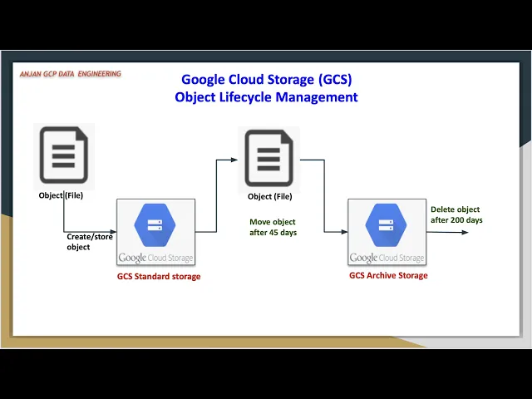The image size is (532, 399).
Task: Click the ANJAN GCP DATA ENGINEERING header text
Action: pos(71,74)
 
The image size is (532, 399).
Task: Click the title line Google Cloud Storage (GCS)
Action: pos(266,80)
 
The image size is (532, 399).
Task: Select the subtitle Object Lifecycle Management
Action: pos(266,96)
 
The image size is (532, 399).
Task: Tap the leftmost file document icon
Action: pos(63,155)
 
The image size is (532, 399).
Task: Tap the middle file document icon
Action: pos(268,159)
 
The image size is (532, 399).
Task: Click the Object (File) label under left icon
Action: pos(61,196)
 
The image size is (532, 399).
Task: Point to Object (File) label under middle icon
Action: pos(270,197)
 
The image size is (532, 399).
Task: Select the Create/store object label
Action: pos(90,242)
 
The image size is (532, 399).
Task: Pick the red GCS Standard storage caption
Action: pos(159,277)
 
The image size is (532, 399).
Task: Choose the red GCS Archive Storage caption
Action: pos(388,276)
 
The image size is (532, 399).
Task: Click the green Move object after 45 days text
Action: pos(273,228)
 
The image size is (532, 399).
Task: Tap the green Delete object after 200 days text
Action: pos(456,214)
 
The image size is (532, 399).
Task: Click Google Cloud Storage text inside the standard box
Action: pos(155,258)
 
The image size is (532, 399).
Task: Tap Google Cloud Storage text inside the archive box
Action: pos(387,258)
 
